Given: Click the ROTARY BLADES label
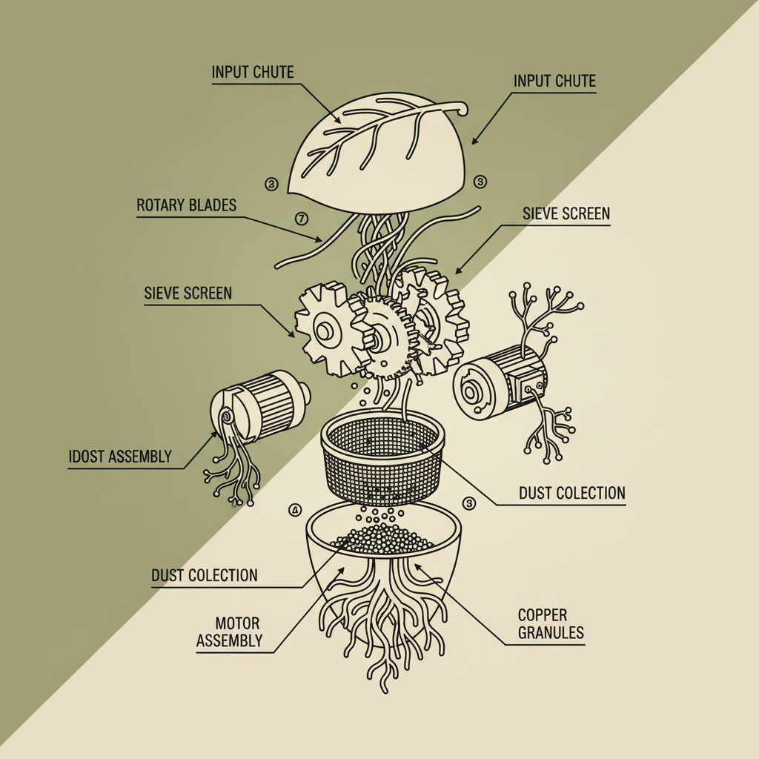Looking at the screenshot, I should (186, 205).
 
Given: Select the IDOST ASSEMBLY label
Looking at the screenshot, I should (119, 457).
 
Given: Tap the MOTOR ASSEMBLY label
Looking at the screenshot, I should (228, 631).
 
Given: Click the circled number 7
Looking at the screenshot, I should (301, 219).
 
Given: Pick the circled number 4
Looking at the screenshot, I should (295, 511).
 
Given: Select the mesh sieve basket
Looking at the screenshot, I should (382, 460).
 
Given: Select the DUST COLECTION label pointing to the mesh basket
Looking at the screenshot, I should (571, 493).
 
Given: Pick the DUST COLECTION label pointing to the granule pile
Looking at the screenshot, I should (205, 575).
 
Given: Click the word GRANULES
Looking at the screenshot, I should (551, 633).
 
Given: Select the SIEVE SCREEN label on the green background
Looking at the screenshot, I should (188, 293).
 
